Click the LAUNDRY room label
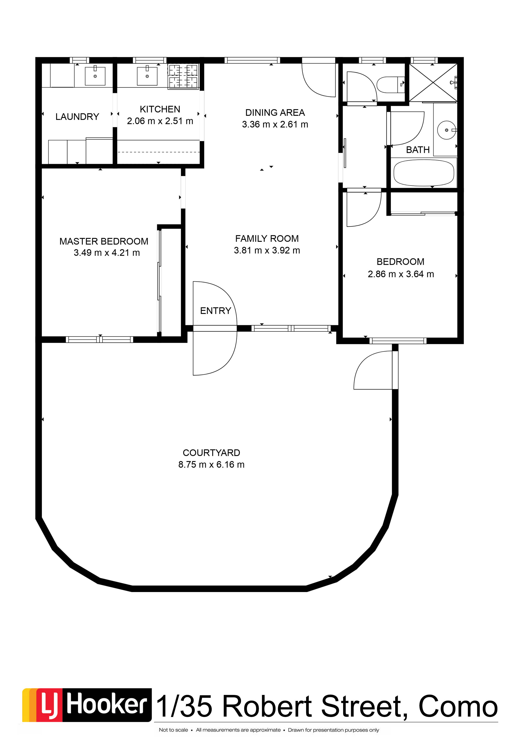[77, 117]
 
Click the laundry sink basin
[95, 76]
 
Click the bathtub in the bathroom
[424, 173]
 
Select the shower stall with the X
[433, 82]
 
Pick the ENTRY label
[216, 311]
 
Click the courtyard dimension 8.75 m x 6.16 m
[211, 464]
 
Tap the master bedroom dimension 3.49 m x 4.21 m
[107, 253]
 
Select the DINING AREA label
[275, 113]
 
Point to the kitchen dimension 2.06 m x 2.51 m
[160, 121]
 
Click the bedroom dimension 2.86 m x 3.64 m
[401, 274]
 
